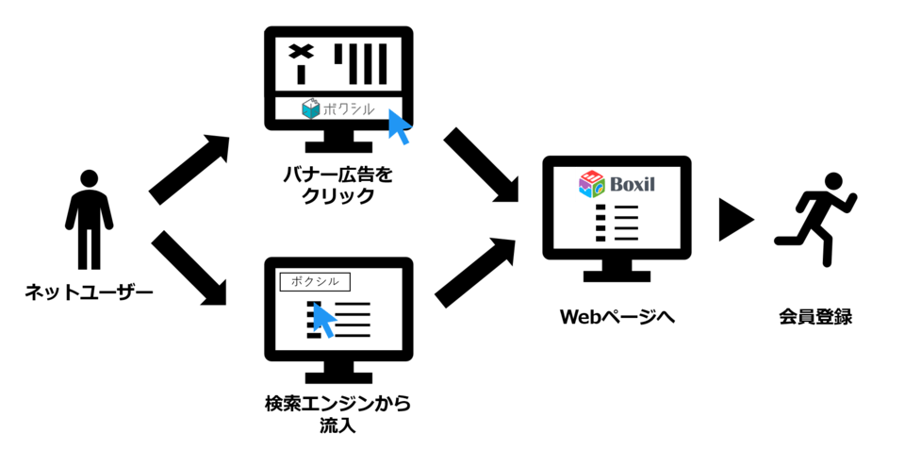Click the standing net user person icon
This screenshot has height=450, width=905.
pyautogui.click(x=89, y=219)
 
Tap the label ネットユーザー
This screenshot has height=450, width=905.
pyautogui.click(x=89, y=293)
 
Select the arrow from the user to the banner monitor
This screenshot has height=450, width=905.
pyautogui.click(x=189, y=170)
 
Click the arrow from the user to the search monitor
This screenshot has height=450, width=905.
pyautogui.click(x=189, y=268)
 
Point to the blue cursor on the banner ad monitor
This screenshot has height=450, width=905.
pyautogui.click(x=400, y=126)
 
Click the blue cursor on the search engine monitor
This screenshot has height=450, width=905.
pyautogui.click(x=324, y=320)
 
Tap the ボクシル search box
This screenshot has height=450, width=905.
pyautogui.click(x=315, y=280)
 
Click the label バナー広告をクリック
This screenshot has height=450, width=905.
pyautogui.click(x=337, y=185)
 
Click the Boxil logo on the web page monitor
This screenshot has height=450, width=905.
pyautogui.click(x=617, y=184)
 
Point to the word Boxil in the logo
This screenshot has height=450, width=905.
pyautogui.click(x=631, y=184)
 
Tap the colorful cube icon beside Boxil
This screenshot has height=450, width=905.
pyautogui.click(x=591, y=184)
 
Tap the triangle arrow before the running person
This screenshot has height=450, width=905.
pyautogui.click(x=734, y=220)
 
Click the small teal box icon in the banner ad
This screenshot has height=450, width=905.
pyautogui.click(x=311, y=109)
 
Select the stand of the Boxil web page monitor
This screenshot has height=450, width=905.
pyautogui.click(x=617, y=273)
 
